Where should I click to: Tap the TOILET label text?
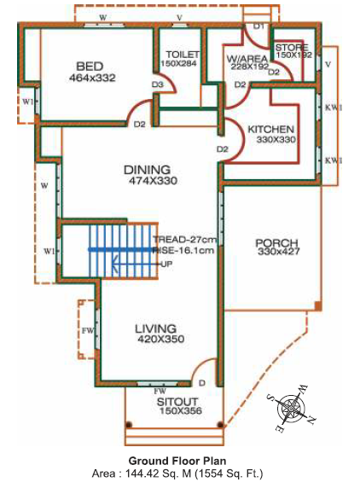pyautogui.click(x=183, y=55)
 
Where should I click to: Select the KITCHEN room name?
pyautogui.click(x=270, y=129)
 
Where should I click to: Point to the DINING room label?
pyautogui.click(x=148, y=170)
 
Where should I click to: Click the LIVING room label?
pyautogui.click(x=155, y=328)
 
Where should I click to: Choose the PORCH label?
pyautogui.click(x=276, y=243)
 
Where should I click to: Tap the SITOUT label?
pyautogui.click(x=177, y=402)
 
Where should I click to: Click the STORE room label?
pyautogui.click(x=292, y=48)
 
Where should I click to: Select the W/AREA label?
pyautogui.click(x=247, y=59)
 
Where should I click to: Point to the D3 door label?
pyautogui.click(x=158, y=84)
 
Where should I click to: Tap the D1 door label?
pyautogui.click(x=258, y=26)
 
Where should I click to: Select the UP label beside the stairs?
pyautogui.click(x=166, y=264)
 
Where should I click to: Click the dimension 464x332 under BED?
pyautogui.click(x=92, y=78)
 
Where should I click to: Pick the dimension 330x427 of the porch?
pyautogui.click(x=279, y=251)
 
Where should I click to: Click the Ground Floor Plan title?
pyautogui.click(x=177, y=461)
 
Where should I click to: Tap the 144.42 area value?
pyautogui.click(x=142, y=473)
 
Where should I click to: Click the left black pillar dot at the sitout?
pyautogui.click(x=129, y=425)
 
